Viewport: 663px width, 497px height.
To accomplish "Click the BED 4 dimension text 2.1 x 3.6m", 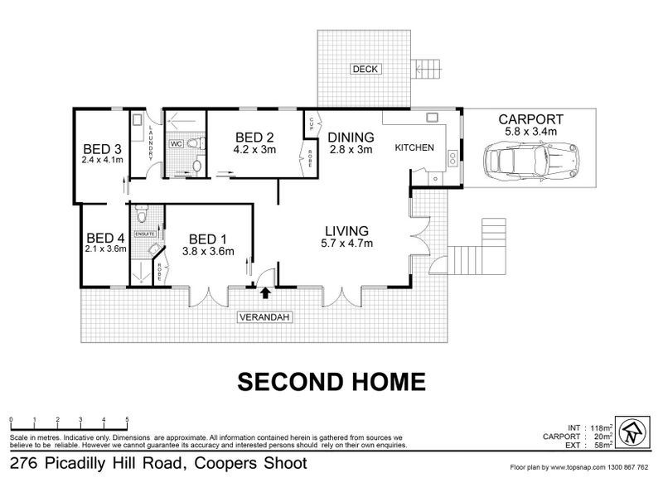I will (x=105, y=248).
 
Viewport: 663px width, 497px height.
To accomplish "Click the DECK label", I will (x=364, y=69).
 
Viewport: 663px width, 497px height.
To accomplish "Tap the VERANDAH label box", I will (x=264, y=316).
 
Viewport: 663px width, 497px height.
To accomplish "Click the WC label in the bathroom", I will (x=176, y=143).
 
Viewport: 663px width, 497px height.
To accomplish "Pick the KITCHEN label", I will (x=414, y=147).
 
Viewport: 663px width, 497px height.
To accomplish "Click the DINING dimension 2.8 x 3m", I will (x=351, y=150).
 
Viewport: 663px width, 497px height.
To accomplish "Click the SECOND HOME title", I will (x=331, y=381).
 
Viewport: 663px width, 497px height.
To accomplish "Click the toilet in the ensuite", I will (x=143, y=217).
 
